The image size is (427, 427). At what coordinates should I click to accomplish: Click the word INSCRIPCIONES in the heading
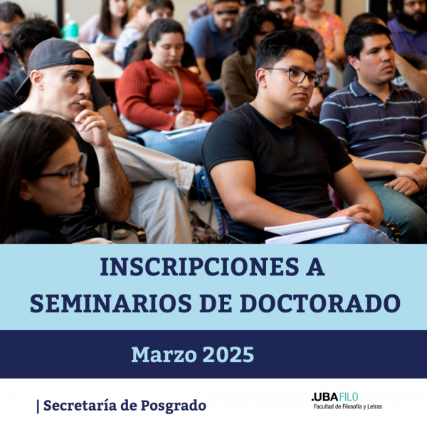pos(199,267)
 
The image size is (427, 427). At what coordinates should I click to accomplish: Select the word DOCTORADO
pos(320,303)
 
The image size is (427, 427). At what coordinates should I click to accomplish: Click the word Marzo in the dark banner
pos(164,354)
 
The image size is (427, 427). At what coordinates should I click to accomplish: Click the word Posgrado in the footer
pos(173,406)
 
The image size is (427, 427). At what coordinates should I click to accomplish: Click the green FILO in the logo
pos(349,397)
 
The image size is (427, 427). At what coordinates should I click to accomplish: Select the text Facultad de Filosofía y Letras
pos(348,407)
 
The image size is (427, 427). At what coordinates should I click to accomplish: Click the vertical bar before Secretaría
pos(38,406)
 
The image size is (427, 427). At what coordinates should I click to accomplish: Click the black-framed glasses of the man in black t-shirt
pos(295,75)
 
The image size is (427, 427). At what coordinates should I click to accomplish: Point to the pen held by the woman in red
pos(179,105)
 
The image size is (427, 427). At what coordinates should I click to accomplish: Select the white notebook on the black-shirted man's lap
pos(310,230)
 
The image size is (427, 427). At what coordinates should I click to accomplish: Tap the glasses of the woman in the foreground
pos(68,171)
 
